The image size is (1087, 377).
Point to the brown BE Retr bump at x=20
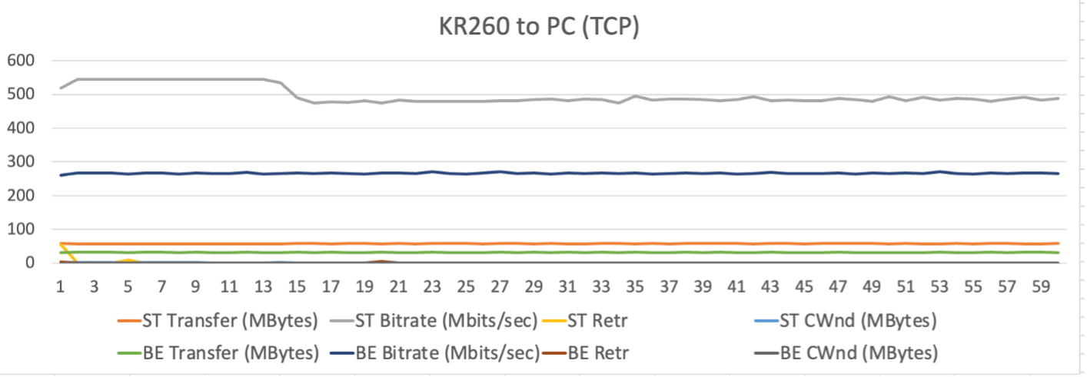coord(381,261)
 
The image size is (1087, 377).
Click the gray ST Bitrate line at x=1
coord(61,88)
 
